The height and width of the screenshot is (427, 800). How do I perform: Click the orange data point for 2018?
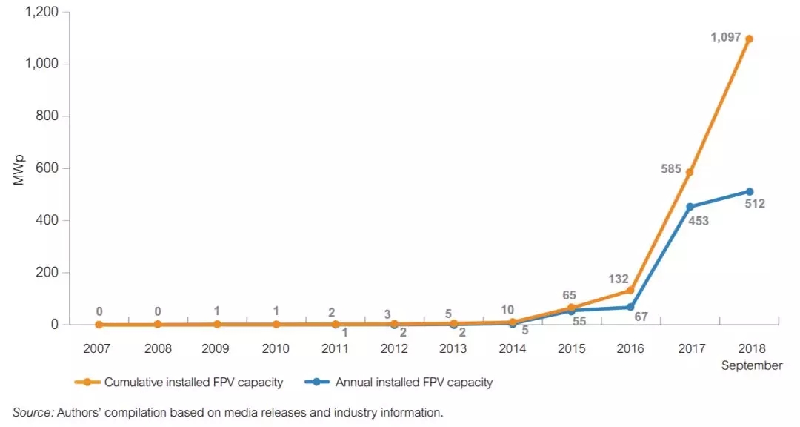750,39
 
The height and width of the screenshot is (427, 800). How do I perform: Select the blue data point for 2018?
750,191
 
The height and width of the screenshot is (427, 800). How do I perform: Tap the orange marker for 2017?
690,173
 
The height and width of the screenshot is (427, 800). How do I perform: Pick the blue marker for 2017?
690,207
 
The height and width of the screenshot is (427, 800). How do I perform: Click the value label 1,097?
726,37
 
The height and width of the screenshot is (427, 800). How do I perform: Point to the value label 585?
671,169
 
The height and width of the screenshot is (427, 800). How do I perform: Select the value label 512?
755,204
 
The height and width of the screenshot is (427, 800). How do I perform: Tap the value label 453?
699,220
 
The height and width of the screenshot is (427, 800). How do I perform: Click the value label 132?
618,279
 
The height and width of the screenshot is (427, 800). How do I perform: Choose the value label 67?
641,317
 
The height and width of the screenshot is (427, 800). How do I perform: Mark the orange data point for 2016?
630,291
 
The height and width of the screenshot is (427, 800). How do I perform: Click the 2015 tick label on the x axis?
572,348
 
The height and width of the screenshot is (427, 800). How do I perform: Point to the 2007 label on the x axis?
99,348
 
